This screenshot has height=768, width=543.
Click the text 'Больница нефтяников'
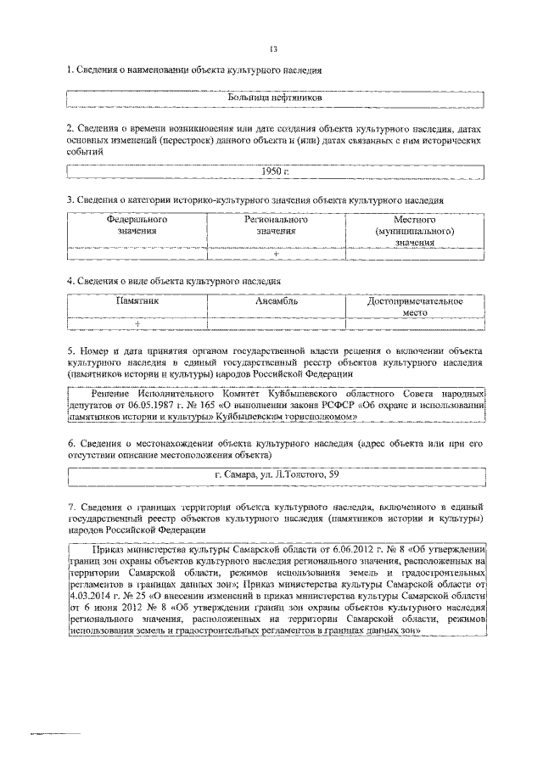274,98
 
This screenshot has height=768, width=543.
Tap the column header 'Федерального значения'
137,225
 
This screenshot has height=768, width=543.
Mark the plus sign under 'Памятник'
137,324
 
